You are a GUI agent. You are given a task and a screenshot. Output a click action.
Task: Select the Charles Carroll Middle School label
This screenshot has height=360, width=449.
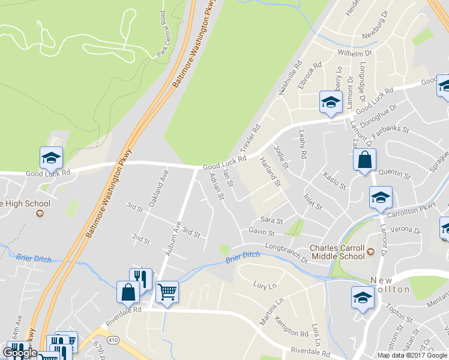[x=337, y=252]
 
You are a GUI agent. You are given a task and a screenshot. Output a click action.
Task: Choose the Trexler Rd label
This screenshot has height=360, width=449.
[x=251, y=138]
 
